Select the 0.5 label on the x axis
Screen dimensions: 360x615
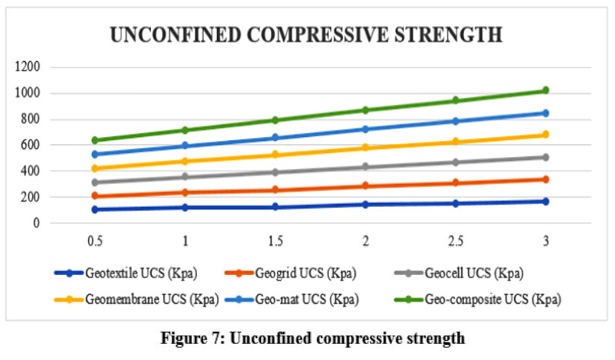coord(96,240)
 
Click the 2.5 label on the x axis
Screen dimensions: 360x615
coord(455,240)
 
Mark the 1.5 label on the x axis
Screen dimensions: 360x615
coord(276,240)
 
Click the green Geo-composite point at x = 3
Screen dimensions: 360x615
coord(544,90)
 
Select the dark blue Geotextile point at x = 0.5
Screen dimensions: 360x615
coord(96,209)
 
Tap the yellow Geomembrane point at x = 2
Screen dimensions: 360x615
coord(366,148)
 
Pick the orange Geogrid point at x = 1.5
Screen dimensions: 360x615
coord(276,190)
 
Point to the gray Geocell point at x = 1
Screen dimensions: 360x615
coord(186,177)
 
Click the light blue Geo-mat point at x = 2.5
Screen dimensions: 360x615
coord(455,121)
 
